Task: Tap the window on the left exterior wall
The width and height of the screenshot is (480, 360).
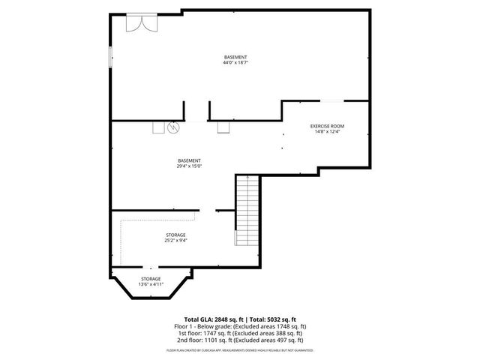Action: coord(111,56)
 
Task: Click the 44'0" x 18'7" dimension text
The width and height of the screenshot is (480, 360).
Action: coord(235,63)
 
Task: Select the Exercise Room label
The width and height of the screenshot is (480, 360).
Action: coord(326,125)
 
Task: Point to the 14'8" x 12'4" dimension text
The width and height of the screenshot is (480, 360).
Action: coord(326,132)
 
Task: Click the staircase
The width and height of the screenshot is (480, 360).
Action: coord(247,209)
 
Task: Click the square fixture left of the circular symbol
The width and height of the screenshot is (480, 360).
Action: coord(158,127)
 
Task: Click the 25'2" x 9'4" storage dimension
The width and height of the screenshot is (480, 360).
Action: coord(175,241)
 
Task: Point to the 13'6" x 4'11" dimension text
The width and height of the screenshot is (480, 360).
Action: coord(150,285)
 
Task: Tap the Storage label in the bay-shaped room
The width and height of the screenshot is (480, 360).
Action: coord(150,279)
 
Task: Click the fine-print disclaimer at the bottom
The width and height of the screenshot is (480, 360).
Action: coord(240,349)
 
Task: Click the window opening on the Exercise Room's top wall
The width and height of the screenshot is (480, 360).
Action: coord(333,100)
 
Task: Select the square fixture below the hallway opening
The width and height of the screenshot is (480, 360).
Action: coord(223,127)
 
